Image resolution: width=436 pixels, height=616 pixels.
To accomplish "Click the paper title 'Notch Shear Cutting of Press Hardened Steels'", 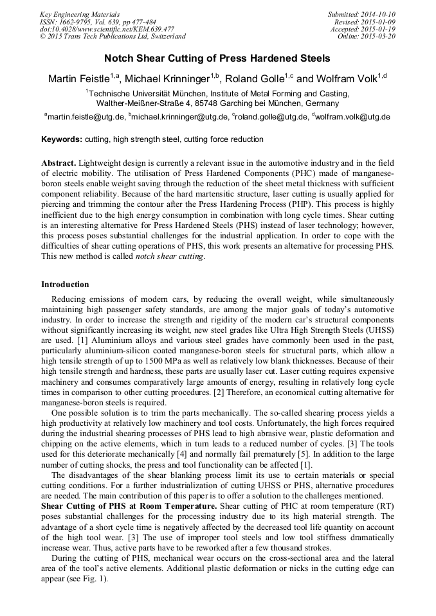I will tap(217, 58).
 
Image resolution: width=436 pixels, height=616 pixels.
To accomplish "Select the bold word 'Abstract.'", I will tap(59, 164).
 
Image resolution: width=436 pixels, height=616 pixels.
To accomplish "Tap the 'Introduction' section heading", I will tap(65, 285).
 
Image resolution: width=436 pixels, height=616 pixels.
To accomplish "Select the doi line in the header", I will tap(106, 30).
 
